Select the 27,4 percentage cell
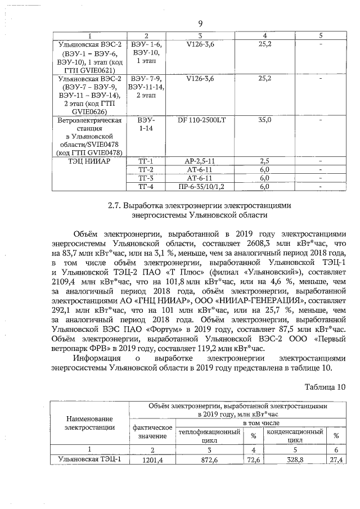336,460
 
